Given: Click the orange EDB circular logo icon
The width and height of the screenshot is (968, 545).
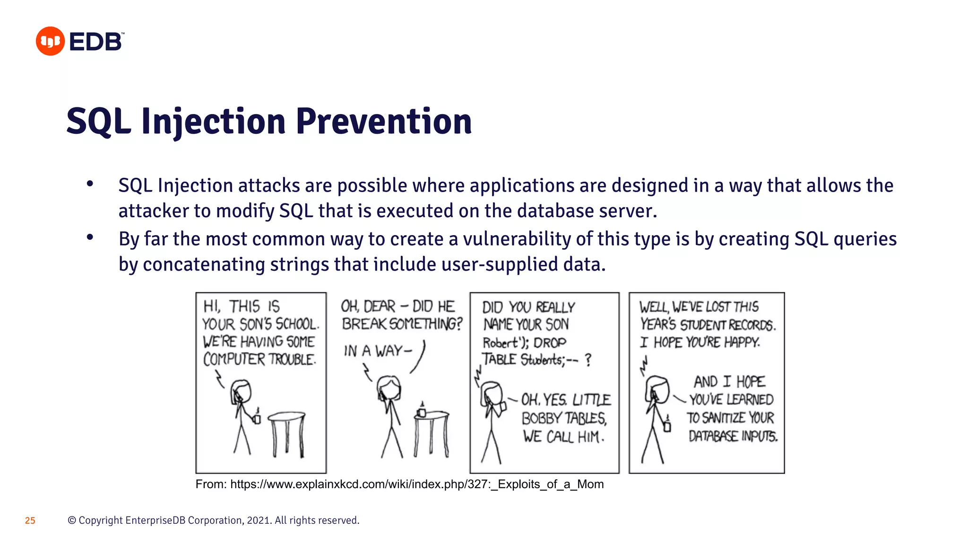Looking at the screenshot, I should click(50, 41).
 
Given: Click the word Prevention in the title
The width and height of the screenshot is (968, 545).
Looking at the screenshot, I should click(384, 122).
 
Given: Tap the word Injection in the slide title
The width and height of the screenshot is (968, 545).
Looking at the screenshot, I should click(213, 122).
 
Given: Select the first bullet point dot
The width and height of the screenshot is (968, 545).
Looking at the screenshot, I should click(90, 185).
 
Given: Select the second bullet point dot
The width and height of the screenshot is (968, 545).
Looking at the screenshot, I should click(90, 237).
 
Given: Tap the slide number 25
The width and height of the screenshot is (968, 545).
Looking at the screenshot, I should click(30, 520).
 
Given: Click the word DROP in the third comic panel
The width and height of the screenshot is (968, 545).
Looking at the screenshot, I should click(550, 343).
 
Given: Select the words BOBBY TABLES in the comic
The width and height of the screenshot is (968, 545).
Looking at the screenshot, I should click(563, 418).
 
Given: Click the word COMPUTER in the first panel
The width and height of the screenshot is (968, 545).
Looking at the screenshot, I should click(234, 360).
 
